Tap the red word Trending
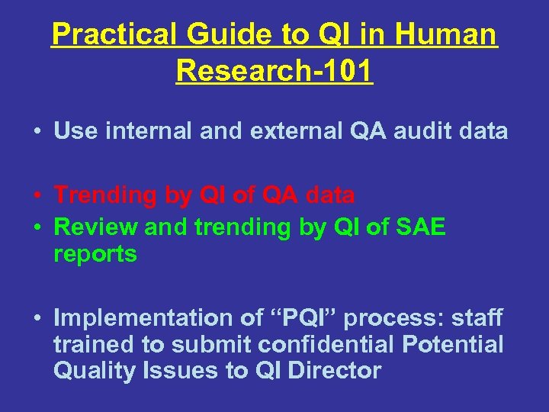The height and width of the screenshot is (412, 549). pos(106,195)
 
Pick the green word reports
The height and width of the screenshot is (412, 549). pos(95,254)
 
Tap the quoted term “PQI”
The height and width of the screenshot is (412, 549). pos(291,318)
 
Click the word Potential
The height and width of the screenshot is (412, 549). pos(453,345)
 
